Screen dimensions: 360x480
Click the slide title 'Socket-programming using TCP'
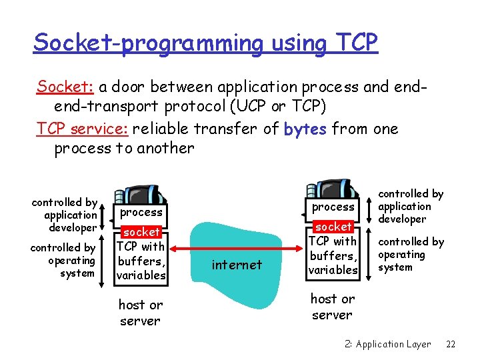pos(205,43)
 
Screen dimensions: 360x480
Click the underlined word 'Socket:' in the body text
pos(67,87)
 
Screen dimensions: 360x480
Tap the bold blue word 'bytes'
pos(305,129)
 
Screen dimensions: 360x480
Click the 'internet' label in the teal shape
pos(237,265)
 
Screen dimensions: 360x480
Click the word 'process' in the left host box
pos(141,212)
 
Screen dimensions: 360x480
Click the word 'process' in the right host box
pos(333,207)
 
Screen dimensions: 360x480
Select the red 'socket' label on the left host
pos(141,232)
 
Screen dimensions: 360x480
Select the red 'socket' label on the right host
pos(333,227)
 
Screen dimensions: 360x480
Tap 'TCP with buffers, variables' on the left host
pos(141,261)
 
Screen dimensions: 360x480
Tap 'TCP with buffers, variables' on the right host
pos(333,255)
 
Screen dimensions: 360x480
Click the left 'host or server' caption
pos(140,313)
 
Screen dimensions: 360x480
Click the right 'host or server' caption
pos(332,307)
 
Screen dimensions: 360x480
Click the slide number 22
pos(451,344)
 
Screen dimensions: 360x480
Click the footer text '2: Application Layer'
pos(387,344)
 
